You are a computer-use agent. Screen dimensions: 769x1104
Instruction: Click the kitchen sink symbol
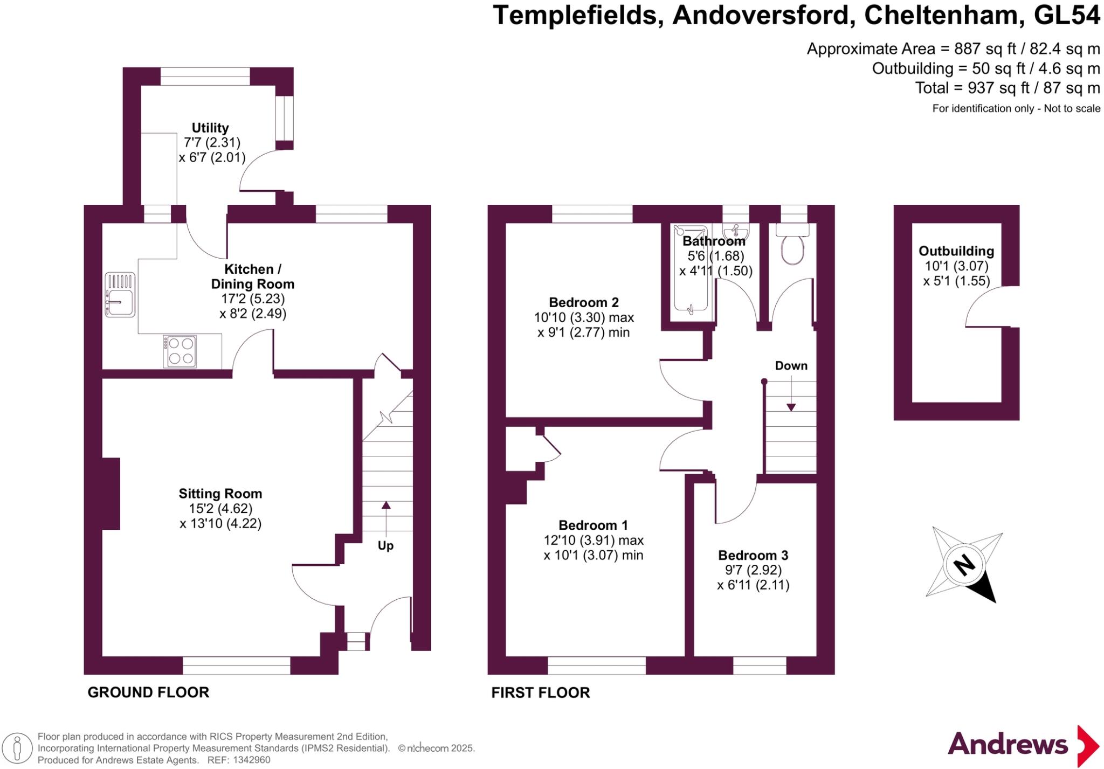120,294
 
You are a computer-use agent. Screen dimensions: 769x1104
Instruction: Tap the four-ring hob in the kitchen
181,351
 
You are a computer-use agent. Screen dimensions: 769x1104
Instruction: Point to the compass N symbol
964,565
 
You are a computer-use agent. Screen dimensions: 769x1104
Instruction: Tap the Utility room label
210,128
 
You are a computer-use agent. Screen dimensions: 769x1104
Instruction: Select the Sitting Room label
220,494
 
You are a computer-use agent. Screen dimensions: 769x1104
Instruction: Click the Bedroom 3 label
753,555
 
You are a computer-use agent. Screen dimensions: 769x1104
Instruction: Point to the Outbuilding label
956,251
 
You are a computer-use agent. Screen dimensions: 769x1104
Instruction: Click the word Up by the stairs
385,545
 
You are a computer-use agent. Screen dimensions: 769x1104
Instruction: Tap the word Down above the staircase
791,366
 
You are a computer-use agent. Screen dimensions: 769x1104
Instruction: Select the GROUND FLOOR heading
148,692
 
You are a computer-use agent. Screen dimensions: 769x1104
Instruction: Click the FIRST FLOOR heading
540,692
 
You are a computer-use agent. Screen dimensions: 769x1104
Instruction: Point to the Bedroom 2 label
584,302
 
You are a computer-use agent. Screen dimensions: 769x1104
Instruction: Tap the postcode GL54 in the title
1067,15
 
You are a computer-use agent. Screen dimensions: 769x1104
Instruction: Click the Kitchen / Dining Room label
253,276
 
